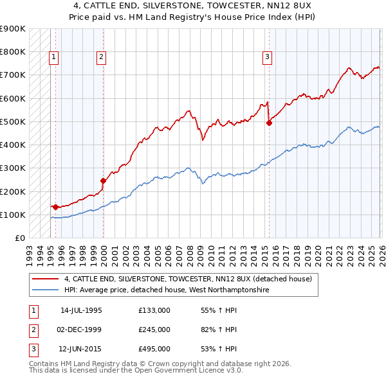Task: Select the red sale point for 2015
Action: click(x=269, y=124)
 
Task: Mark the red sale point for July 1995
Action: click(x=56, y=207)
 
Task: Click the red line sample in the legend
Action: click(x=46, y=279)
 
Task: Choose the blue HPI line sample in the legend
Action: click(x=46, y=290)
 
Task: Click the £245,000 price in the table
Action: click(x=154, y=330)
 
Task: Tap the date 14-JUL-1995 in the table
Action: click(x=81, y=310)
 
